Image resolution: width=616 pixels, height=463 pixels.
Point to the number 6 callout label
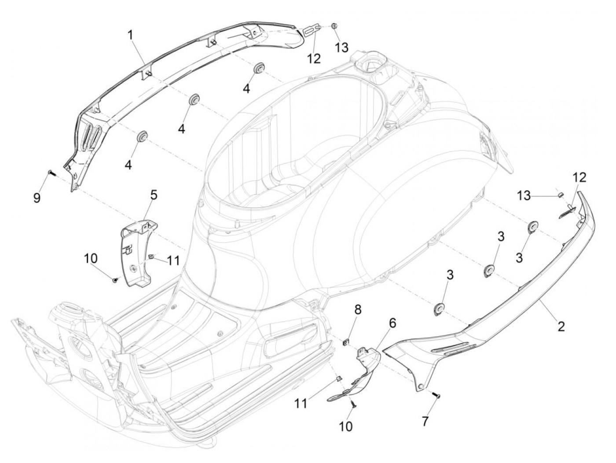click(x=392, y=323)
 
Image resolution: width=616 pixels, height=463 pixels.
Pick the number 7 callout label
click(x=425, y=421)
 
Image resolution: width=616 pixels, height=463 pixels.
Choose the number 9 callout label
click(x=37, y=198)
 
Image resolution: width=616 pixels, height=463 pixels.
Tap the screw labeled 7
click(x=437, y=396)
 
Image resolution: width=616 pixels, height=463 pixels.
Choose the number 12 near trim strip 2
click(x=579, y=177)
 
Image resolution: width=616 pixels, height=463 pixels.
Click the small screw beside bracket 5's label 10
click(x=115, y=279)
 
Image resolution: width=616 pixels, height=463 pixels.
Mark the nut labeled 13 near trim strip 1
click(x=334, y=26)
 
